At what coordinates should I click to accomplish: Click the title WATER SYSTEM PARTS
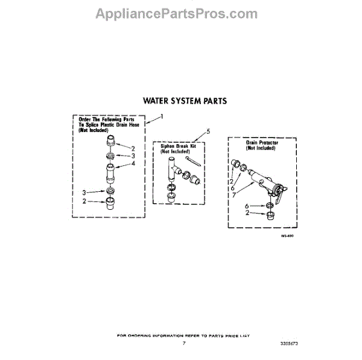tap(184, 101)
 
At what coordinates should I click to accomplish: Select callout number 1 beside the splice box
tap(161, 115)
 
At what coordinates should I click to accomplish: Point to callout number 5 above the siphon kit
tap(208, 130)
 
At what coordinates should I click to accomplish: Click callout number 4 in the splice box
tap(133, 163)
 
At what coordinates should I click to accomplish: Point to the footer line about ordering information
tap(183, 335)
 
